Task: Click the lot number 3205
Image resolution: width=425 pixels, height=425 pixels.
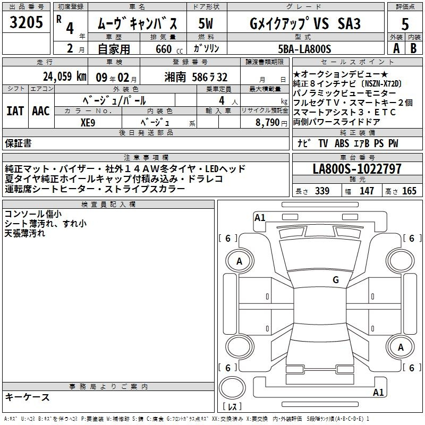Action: click(26, 22)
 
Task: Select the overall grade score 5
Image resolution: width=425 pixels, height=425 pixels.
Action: click(405, 24)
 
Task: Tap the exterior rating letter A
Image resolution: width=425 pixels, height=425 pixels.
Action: click(396, 48)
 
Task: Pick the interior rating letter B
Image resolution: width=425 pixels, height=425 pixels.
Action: click(413, 48)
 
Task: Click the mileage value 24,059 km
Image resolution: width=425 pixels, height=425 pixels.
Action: click(64, 76)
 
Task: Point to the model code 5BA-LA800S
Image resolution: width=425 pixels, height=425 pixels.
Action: click(304, 49)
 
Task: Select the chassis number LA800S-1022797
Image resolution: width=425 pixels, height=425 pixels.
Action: click(357, 168)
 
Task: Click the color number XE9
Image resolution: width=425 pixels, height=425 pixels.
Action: click(88, 123)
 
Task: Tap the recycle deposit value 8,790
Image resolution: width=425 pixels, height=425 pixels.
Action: click(267, 122)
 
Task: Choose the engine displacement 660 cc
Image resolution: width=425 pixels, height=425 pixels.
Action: click(169, 49)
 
